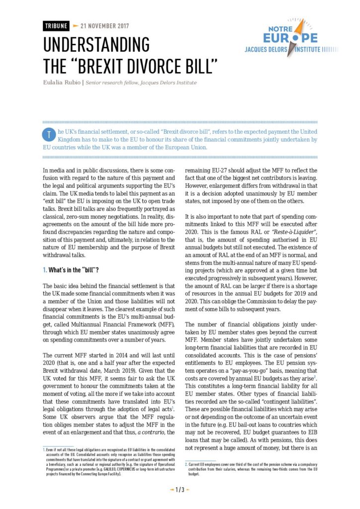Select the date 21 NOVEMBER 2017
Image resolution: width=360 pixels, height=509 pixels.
pos(101,25)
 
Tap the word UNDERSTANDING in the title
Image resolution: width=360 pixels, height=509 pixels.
pos(96,45)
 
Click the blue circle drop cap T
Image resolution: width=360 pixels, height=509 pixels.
pos(49,134)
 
